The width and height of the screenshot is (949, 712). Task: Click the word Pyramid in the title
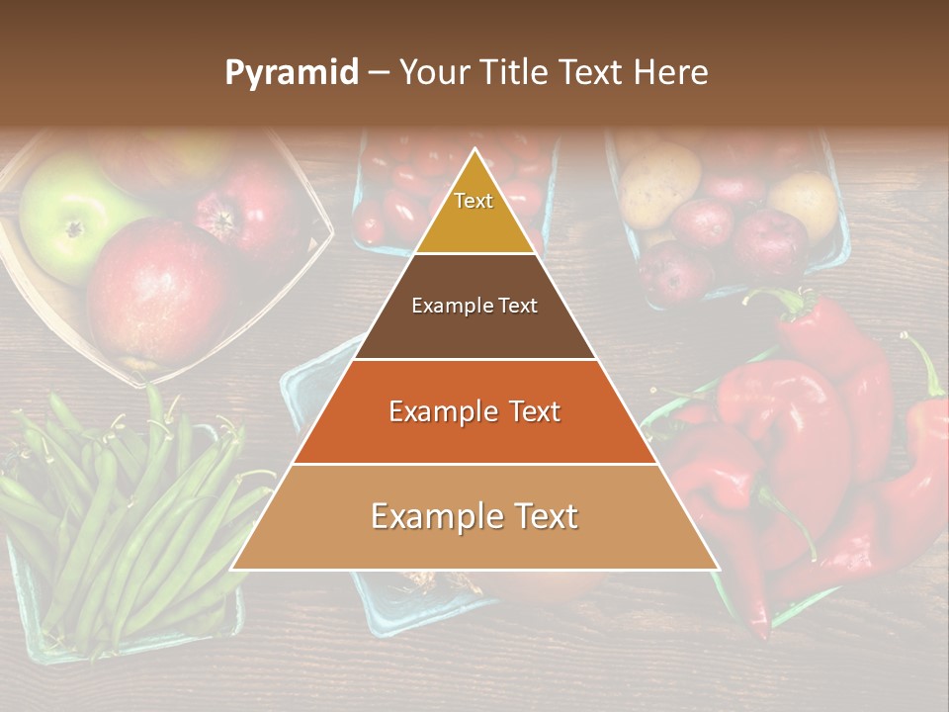point(291,73)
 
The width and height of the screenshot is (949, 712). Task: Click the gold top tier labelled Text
point(474,213)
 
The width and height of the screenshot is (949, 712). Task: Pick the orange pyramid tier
point(474,412)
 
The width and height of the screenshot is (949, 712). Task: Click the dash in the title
point(378,74)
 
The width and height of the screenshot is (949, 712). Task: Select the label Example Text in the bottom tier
point(474,517)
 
